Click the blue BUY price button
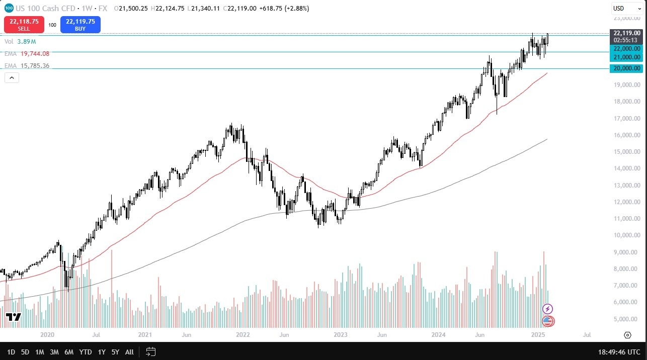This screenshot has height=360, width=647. coord(80,25)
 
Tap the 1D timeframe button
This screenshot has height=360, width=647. coord(11,352)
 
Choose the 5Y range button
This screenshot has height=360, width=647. coord(115,352)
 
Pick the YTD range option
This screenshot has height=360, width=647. coord(86,352)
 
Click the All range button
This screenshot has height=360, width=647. coord(129,352)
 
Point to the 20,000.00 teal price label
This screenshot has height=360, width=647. coord(626,68)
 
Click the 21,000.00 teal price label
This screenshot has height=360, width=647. coord(626,57)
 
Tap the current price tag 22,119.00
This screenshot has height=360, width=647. coord(626,33)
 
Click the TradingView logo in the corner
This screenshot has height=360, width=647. coord(14,317)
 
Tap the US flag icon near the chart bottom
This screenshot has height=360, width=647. coord(548,321)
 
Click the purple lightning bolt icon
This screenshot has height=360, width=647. coord(548,309)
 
